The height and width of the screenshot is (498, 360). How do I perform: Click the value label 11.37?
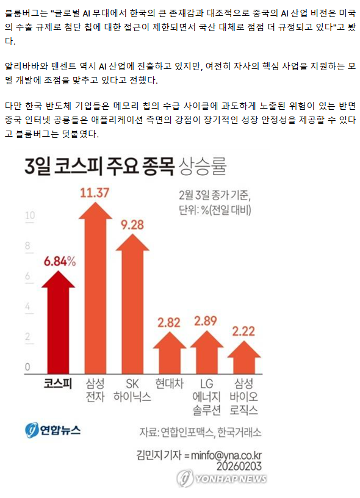point(95,193)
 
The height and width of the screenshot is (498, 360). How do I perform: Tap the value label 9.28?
point(132,225)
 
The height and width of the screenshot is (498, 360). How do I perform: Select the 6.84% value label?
point(60,261)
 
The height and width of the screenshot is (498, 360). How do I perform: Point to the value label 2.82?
point(169,323)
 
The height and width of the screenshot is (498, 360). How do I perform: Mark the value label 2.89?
point(206,321)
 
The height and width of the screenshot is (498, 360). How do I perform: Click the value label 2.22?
point(243,331)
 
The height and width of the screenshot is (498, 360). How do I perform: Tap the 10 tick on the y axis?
point(30,215)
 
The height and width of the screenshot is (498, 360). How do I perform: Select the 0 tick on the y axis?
point(27,367)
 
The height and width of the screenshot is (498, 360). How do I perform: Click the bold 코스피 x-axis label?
point(58,383)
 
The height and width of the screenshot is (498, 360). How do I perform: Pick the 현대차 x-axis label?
point(170,383)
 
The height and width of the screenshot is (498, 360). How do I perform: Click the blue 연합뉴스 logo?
point(52,430)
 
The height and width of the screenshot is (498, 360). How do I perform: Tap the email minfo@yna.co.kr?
point(226,455)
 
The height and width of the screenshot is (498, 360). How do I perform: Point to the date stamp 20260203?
point(239,466)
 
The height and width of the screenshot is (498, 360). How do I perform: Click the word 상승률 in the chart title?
point(203,166)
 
